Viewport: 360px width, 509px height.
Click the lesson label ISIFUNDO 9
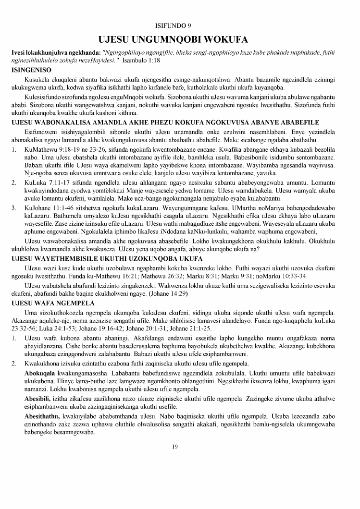point(180,25)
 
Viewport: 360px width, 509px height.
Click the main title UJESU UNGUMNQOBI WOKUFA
point(180,39)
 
